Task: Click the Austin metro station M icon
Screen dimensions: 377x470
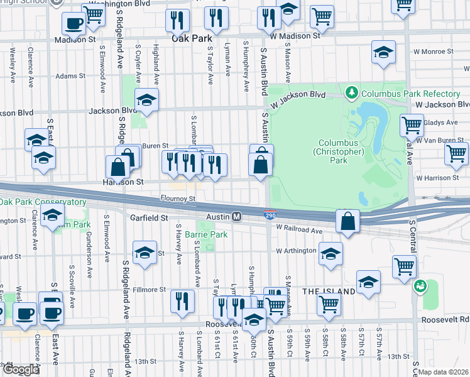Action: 237,217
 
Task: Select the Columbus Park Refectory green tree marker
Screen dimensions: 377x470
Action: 351,94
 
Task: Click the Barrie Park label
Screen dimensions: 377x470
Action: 206,234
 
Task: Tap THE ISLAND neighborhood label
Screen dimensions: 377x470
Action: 327,292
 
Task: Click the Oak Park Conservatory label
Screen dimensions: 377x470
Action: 43,202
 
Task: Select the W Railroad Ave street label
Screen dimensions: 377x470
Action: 299,231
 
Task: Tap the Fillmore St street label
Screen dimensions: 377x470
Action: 149,290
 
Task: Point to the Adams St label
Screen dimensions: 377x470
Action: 70,76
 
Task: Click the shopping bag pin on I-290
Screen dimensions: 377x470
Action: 347,221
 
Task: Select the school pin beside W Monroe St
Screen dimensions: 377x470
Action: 383,53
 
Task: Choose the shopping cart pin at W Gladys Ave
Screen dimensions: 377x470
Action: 412,124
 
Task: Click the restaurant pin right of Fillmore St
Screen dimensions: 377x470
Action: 182,300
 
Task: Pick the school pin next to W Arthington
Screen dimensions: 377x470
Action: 330,254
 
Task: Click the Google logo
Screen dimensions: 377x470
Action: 21,369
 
